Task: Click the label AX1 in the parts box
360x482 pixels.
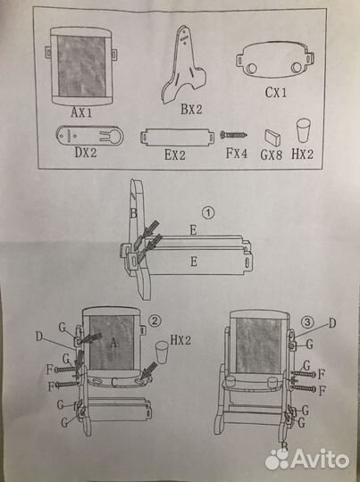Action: [81, 112]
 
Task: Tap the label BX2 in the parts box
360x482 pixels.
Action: [191, 109]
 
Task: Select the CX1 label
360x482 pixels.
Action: [276, 92]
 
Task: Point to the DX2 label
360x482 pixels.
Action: [86, 152]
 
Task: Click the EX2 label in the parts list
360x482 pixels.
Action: [175, 154]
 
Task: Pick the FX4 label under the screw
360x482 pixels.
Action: [237, 154]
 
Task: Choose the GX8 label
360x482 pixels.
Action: [271, 154]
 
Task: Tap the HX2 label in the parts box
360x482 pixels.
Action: [302, 154]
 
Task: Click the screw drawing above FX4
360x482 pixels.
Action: [234, 135]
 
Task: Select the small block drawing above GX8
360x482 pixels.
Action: [272, 137]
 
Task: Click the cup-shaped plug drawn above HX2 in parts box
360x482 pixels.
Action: [304, 130]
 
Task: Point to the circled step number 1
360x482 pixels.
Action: [208, 212]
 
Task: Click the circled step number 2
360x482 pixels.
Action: [155, 320]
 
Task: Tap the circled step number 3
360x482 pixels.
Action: [307, 322]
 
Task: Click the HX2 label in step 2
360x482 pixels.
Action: [180, 340]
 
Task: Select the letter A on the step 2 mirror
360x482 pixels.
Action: [113, 343]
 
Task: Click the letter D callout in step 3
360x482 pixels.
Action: [332, 323]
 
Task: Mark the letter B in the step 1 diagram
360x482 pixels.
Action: [133, 213]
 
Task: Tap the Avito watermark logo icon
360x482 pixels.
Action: [277, 460]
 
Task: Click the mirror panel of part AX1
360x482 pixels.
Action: [81, 66]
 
